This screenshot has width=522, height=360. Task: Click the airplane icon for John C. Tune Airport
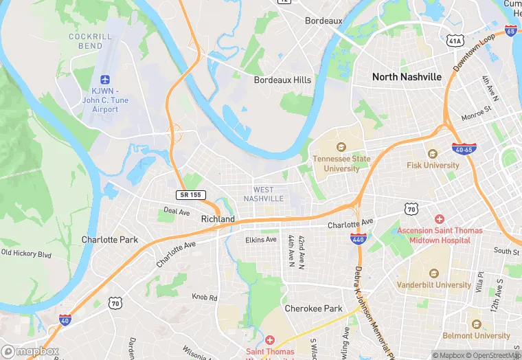point(105,80)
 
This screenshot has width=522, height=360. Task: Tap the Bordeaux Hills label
point(282,80)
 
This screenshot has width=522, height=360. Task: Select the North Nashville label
point(407,77)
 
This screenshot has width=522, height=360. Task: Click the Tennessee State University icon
point(341,147)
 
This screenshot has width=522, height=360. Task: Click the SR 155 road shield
point(190,195)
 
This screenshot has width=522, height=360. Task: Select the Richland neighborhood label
point(218,219)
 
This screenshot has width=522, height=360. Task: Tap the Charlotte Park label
point(110,240)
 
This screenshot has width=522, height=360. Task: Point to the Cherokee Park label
point(313,308)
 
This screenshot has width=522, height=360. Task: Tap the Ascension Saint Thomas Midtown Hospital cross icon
point(440,218)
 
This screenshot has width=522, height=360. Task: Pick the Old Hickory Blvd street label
point(26,254)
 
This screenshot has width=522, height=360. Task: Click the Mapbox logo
point(30,351)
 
